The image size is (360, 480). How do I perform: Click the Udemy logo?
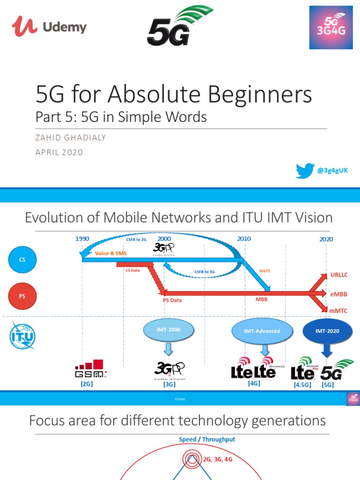[x=49, y=26]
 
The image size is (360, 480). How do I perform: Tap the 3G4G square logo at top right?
[x=330, y=27]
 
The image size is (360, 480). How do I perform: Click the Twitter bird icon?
[x=305, y=171]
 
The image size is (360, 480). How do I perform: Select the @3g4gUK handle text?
[x=332, y=171]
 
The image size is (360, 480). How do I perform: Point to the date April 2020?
[x=59, y=152]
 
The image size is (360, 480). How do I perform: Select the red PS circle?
[x=22, y=296]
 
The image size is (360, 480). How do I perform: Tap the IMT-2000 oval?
[x=168, y=330]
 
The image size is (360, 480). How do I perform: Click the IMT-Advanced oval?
[x=262, y=331]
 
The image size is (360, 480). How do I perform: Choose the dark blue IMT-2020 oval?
[x=327, y=331]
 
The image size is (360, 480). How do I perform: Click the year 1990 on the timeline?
[x=82, y=239]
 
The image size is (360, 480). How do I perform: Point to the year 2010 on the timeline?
[x=244, y=239]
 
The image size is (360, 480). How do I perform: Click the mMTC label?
[x=339, y=310]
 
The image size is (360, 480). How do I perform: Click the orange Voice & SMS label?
[x=111, y=253]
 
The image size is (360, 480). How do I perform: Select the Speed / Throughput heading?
[x=207, y=439]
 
